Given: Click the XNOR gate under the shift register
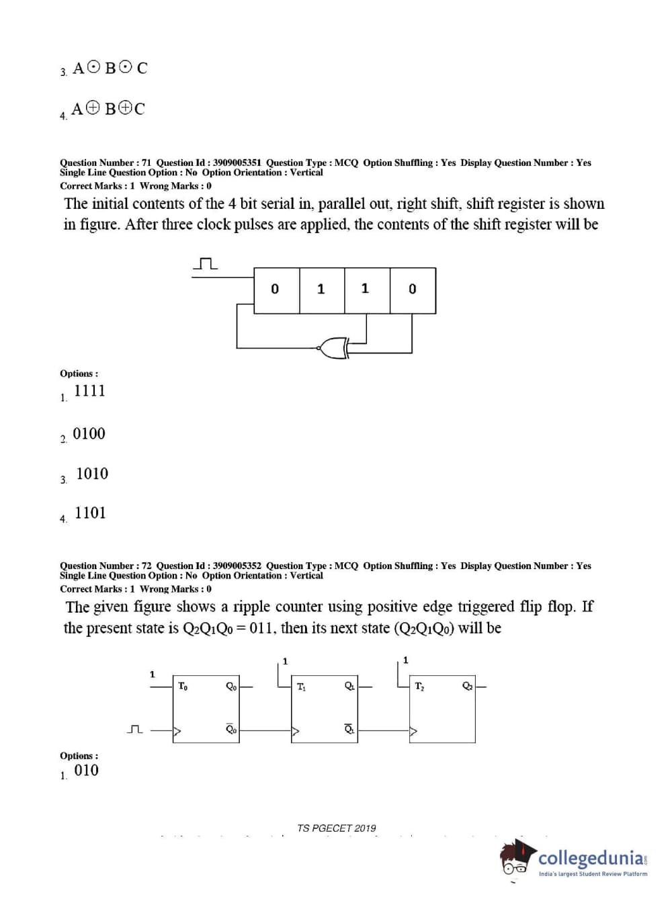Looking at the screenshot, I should [333, 347].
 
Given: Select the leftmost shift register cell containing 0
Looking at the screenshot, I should [276, 290].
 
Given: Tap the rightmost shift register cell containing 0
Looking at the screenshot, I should [413, 290].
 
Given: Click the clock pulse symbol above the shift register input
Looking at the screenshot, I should [205, 264].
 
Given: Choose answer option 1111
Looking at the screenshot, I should [89, 391].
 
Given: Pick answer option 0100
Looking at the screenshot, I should [89, 434].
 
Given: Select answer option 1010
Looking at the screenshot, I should [92, 474].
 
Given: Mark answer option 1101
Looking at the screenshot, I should [90, 513].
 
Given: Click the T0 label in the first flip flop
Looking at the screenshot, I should [183, 686].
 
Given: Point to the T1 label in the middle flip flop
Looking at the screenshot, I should [301, 687].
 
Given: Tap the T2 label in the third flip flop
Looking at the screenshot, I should [419, 687].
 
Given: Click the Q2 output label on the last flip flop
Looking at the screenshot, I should [467, 687].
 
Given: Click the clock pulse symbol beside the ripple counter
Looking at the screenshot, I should [135, 729].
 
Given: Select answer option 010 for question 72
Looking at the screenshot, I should [86, 771].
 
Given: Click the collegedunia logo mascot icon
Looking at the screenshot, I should [517, 859].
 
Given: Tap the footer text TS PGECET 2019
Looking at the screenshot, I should [337, 828].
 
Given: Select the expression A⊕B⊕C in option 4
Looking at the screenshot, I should [108, 109].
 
